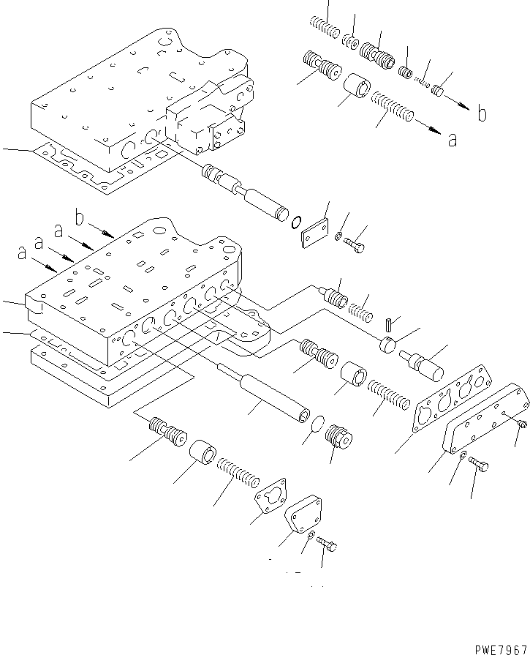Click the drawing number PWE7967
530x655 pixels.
coord(500,648)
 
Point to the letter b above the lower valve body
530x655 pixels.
coord(81,217)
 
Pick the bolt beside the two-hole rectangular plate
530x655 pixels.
coord(355,245)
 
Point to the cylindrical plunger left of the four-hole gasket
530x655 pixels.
coord(422,364)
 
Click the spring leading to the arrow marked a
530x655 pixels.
coord(393,107)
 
